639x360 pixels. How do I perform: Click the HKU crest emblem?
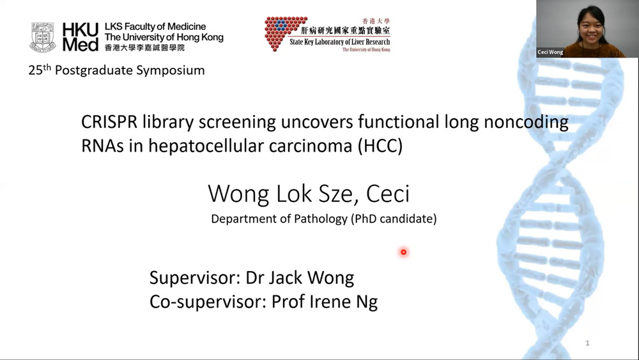click(42, 37)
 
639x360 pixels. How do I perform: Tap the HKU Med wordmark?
click(81, 37)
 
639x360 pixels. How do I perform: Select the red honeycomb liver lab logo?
click(285, 33)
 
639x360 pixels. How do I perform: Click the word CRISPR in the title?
click(109, 122)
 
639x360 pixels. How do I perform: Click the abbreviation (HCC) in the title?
click(380, 146)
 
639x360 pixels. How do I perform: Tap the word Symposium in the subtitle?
click(171, 70)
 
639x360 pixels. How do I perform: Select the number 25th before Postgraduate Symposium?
click(40, 70)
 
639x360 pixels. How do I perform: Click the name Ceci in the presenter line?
click(388, 194)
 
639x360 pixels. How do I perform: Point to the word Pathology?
click(321, 219)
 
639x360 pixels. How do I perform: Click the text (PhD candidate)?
click(394, 219)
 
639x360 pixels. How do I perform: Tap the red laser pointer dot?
click(403, 252)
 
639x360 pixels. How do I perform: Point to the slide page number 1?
click(587, 343)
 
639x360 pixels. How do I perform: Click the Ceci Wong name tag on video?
click(550, 52)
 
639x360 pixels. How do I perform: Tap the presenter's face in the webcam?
click(590, 26)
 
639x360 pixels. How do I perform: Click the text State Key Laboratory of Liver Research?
click(340, 42)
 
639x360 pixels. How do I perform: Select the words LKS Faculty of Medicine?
click(155, 27)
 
